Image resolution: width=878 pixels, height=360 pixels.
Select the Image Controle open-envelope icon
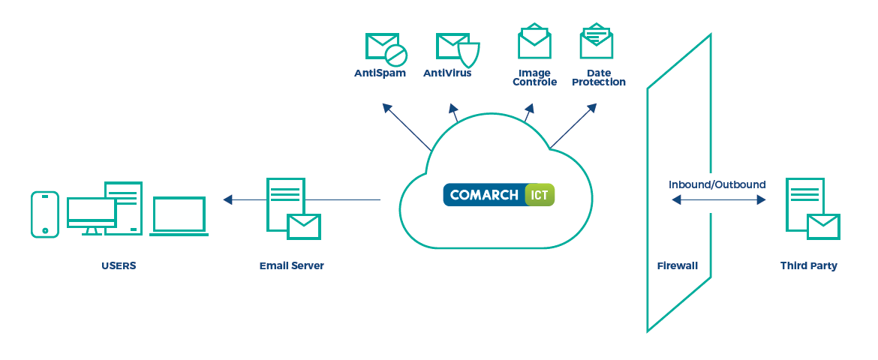click(x=534, y=42)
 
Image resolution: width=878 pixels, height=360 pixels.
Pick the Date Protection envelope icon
click(x=597, y=42)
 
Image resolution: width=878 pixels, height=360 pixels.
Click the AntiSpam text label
click(x=380, y=73)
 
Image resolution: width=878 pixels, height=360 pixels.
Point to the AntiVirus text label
click(x=447, y=73)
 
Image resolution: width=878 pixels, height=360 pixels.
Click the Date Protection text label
click(x=598, y=77)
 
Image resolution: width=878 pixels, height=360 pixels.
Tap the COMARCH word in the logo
click(x=484, y=195)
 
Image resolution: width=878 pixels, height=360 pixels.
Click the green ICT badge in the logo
click(x=540, y=195)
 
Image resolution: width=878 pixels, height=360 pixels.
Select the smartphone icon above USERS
click(x=44, y=214)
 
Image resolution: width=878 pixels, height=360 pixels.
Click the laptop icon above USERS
click(x=179, y=216)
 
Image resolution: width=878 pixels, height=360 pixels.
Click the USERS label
click(x=119, y=265)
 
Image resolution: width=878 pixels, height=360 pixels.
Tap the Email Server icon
click(x=292, y=208)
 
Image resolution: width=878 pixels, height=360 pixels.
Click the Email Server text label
click(x=292, y=265)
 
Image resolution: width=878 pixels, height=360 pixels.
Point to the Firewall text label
click(x=677, y=265)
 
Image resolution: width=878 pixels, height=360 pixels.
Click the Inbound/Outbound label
click(x=717, y=184)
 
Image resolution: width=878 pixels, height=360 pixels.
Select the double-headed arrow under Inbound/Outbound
click(x=718, y=200)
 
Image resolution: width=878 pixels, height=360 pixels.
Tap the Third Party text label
click(x=808, y=265)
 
